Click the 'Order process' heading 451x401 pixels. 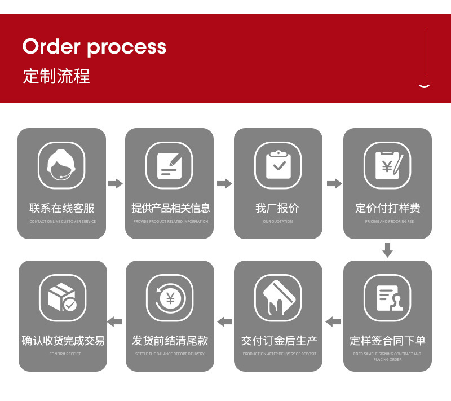94,47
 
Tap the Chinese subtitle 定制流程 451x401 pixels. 56,76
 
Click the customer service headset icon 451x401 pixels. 61,165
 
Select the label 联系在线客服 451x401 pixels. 62,208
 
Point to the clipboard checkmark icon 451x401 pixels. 278,165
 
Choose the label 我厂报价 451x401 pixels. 277,208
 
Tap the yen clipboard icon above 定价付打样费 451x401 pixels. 387,165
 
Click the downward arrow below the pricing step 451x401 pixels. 387,250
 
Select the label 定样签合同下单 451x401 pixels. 387,341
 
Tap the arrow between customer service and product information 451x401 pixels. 115,183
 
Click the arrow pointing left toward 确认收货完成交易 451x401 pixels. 115,321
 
